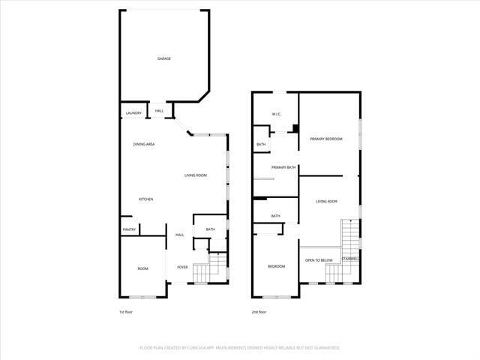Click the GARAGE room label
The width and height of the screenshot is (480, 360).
(163, 58)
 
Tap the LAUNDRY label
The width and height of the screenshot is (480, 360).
(133, 113)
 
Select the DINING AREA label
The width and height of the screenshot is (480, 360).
(144, 144)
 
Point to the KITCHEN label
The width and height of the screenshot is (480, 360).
(145, 199)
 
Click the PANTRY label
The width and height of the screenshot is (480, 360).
(129, 229)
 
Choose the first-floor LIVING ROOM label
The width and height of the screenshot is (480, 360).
(196, 175)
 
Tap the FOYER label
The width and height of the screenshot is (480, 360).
(182, 267)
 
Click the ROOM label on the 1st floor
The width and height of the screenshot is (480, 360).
(142, 268)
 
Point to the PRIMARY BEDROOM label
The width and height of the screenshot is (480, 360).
(326, 139)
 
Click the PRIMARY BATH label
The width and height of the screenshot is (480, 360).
(283, 167)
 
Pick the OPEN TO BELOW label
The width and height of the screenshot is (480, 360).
(319, 260)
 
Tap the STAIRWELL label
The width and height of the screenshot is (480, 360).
(350, 259)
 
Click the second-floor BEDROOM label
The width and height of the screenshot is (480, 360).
(277, 266)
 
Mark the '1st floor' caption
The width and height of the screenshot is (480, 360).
(127, 312)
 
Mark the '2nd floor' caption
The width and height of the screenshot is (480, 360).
(259, 312)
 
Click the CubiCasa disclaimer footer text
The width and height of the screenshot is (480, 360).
(240, 348)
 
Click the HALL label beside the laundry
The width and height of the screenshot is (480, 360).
(159, 112)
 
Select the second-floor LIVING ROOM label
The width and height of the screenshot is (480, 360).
(326, 202)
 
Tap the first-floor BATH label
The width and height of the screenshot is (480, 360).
(210, 229)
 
